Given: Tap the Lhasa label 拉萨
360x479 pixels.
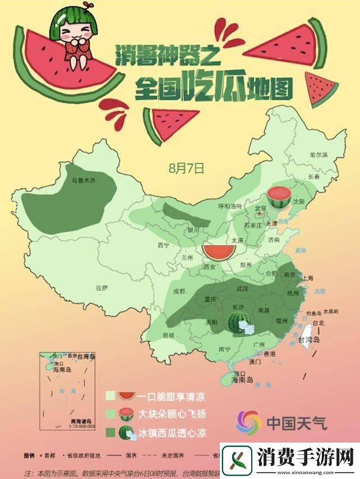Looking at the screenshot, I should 101,288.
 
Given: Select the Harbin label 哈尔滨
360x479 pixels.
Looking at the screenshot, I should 318,154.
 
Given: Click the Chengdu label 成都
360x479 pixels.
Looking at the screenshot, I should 179,291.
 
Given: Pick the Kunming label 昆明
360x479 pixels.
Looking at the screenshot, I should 168,335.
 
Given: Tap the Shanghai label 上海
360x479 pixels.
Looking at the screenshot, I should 307,278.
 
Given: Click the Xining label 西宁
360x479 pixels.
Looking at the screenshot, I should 164,245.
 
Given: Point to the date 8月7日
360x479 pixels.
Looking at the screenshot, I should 186,168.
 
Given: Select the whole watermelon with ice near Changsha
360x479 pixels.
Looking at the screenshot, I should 240,323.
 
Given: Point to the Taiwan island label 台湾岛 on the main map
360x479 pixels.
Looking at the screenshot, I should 307,340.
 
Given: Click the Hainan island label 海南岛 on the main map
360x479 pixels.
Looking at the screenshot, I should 242,380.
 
